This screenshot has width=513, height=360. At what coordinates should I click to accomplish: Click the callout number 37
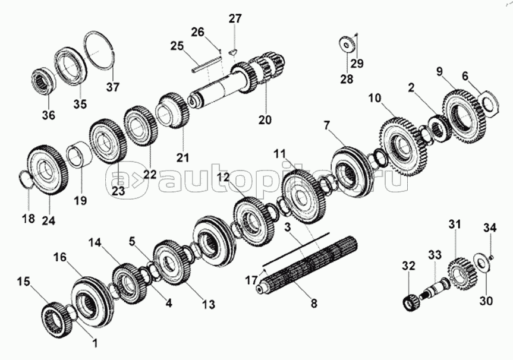(112, 88)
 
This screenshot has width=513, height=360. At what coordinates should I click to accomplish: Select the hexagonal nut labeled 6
(488, 103)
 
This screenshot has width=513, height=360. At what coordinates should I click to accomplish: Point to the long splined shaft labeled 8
(307, 265)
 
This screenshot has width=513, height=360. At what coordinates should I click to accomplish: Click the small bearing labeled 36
(45, 82)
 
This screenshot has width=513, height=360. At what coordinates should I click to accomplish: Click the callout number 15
(24, 282)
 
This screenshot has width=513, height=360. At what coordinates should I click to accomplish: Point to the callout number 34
(490, 228)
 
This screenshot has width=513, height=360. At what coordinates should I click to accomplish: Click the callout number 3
(287, 228)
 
